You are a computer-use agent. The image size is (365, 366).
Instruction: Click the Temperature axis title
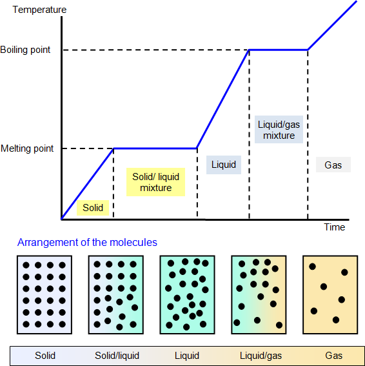pos(39,10)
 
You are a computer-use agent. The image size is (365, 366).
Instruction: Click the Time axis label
pos(335,227)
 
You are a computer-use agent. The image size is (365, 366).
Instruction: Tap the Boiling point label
pos(25,50)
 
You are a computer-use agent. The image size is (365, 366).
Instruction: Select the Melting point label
pos(27,148)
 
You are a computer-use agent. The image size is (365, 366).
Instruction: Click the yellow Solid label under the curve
pos(93,208)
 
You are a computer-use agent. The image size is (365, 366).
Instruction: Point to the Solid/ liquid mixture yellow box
pos(156,182)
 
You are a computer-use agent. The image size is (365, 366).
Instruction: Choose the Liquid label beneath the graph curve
pos(224,165)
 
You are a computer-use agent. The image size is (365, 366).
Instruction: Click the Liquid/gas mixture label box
pos(279,130)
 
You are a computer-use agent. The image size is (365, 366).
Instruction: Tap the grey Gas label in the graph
pos(333,165)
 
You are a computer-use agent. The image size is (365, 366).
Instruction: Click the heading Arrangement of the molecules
pos(87,242)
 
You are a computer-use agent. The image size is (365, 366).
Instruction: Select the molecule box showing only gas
pos(330,295)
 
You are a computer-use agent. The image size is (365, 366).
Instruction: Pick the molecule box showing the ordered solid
pos(44,295)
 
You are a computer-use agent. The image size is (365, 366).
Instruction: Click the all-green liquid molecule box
pos(187,295)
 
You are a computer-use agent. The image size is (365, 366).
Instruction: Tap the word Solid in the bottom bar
pos(45,356)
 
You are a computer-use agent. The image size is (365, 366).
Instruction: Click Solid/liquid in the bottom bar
pos(117,356)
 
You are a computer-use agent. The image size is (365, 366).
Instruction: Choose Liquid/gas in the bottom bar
pos(261,356)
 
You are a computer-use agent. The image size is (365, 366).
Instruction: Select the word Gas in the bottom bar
pos(334,356)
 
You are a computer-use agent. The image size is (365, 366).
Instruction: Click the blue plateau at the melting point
pos(155,148)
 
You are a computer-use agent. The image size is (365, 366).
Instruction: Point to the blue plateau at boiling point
pos(279,50)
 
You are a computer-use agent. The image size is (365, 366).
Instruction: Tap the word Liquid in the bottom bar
pos(187,356)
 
